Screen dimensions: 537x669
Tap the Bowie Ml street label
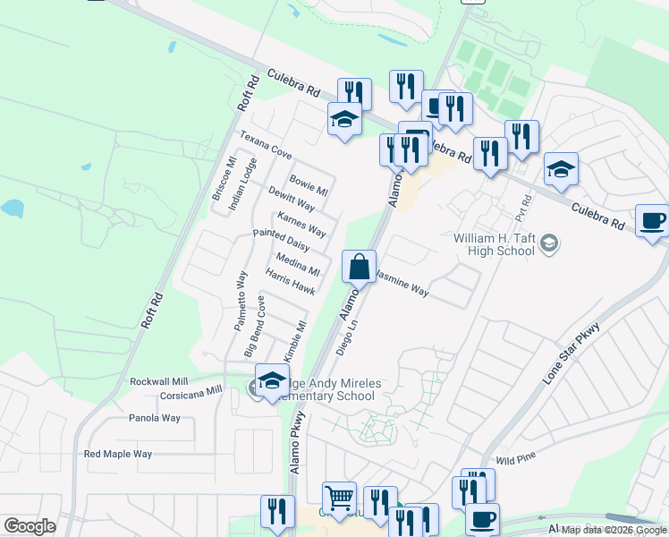pos(309,186)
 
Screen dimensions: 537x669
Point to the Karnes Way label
pos(301,224)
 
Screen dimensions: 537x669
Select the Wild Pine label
pos(515,458)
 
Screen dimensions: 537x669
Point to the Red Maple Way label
pos(118,454)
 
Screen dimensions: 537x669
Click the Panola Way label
pos(155,418)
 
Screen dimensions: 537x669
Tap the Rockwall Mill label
pos(158,381)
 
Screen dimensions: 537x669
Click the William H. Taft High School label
pos(494,245)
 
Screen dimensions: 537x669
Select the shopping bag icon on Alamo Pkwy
pos(359,267)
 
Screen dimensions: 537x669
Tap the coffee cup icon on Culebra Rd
pos(652,220)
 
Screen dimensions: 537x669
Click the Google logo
pos(30,526)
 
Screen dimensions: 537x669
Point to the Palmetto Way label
pos(241,302)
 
